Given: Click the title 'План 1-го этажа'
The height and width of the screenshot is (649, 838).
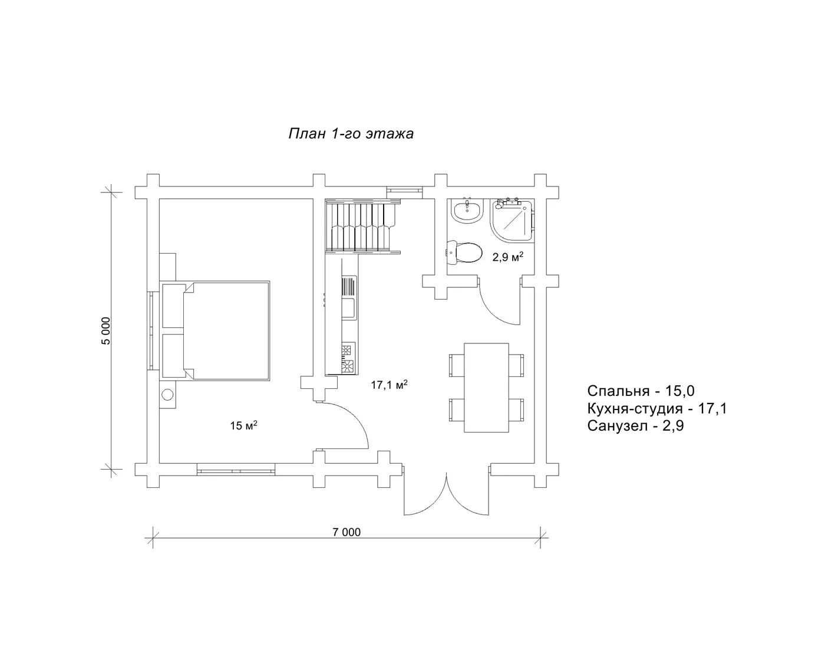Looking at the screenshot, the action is click(x=351, y=133).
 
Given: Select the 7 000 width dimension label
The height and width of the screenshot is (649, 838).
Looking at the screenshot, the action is click(x=347, y=532).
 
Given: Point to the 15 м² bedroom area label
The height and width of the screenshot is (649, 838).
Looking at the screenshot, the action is click(x=244, y=425).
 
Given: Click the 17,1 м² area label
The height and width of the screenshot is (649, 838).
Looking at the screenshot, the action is click(x=389, y=385).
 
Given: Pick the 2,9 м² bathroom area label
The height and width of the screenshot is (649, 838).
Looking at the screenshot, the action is click(x=508, y=257).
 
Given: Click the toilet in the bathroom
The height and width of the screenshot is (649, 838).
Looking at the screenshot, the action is click(x=464, y=253).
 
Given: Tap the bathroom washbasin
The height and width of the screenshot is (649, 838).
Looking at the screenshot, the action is click(x=467, y=210).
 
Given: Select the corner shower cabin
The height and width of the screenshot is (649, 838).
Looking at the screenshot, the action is click(x=513, y=221).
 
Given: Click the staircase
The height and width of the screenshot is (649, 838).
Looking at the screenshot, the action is click(x=362, y=226).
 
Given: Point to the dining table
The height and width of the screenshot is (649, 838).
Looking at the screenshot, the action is click(x=486, y=388).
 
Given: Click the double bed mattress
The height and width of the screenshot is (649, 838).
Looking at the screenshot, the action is click(x=227, y=331).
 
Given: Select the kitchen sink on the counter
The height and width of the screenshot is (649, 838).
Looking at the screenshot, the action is click(x=348, y=308).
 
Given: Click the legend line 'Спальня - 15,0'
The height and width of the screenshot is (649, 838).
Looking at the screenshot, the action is click(x=641, y=391).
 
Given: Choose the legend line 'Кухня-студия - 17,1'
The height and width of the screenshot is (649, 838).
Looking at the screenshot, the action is click(x=656, y=408).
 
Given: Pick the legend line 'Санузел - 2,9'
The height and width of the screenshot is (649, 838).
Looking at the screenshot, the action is click(x=635, y=426).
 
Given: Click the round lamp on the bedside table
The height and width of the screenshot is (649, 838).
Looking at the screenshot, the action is click(x=167, y=395).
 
